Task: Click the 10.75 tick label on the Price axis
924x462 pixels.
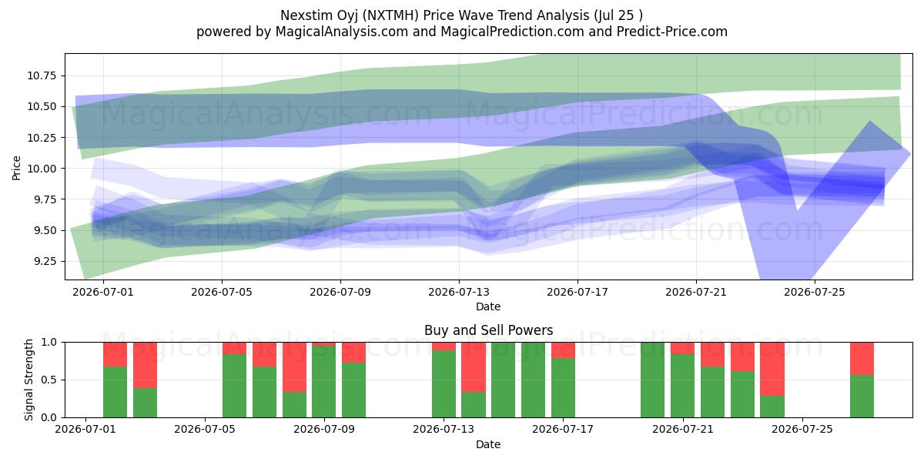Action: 42,75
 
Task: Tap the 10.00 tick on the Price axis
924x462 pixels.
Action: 42,169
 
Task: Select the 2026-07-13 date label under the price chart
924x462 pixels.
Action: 459,292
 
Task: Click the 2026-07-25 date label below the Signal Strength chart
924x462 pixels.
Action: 802,429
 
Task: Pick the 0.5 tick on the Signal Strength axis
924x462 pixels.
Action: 49,380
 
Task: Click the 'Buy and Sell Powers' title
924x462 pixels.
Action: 488,330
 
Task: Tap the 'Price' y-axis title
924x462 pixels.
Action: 16,168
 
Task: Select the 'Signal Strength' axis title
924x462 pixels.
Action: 28,380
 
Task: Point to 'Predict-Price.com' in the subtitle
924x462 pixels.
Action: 672,32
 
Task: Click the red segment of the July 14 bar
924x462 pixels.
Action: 474,367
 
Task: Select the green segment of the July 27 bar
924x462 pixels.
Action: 862,397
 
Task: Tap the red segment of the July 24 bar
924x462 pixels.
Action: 772,369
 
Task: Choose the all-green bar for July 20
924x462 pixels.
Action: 653,380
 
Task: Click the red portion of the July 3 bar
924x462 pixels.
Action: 145,365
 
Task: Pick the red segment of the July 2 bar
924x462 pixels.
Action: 115,354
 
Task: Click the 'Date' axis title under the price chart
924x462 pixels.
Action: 488,306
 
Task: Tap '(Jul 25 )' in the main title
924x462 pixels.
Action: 618,15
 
